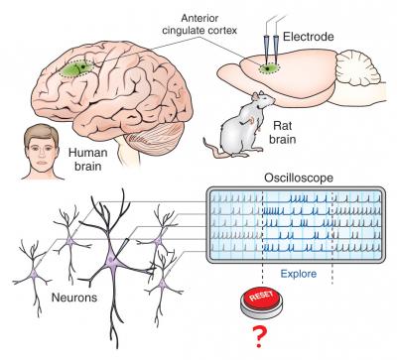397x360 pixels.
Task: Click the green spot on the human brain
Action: [71, 69]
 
